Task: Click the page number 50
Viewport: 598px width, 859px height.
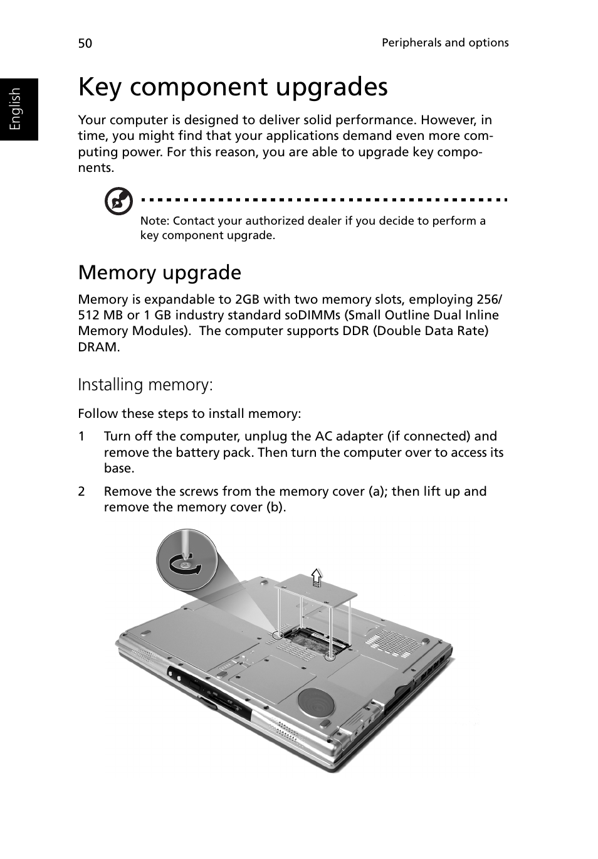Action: pos(85,43)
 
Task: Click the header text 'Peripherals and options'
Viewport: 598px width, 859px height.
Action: pos(445,43)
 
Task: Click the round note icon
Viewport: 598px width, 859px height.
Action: pos(118,201)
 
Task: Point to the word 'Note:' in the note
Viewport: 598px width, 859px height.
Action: pos(154,221)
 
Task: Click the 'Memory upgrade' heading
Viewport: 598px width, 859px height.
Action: pos(159,272)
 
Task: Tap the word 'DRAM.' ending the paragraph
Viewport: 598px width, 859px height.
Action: pos(98,347)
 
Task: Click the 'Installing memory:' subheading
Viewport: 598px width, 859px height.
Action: pos(145,384)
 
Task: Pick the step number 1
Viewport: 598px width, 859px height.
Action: pos(81,436)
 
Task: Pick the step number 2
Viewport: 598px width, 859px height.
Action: pos(81,491)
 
